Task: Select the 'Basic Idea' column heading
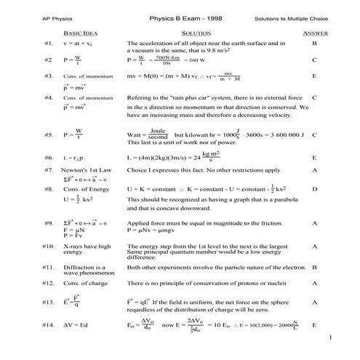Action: [x=79, y=33]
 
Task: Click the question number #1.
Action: [x=48, y=44]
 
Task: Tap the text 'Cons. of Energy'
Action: [x=85, y=188]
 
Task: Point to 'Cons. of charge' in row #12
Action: [x=85, y=282]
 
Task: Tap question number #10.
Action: [x=49, y=247]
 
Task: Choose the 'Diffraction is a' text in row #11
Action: [x=84, y=267]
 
